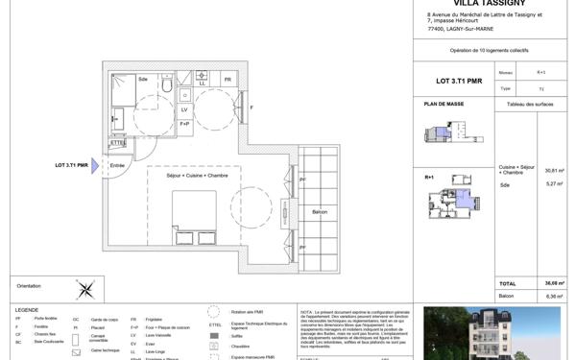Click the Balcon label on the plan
pyautogui.click(x=321, y=212)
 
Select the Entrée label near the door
pyautogui.click(x=118, y=166)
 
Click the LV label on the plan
pyautogui.click(x=184, y=109)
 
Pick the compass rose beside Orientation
pyautogui.click(x=86, y=287)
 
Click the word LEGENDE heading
pyautogui.click(x=27, y=310)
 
